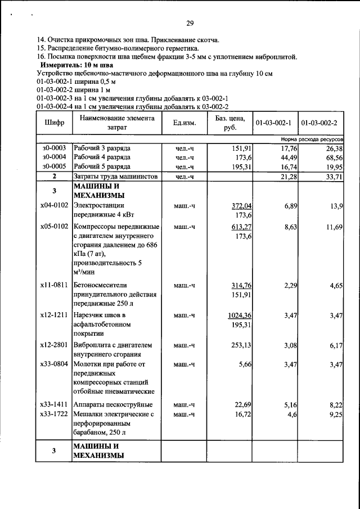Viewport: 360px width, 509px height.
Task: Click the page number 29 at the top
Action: (190, 23)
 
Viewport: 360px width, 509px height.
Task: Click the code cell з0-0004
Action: (54, 157)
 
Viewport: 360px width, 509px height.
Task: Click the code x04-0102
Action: (54, 206)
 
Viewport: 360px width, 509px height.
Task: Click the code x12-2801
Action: (54, 345)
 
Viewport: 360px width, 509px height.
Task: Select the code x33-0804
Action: (54, 365)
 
